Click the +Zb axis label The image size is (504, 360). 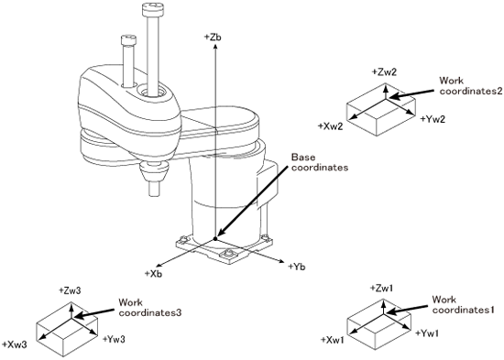[x=213, y=37]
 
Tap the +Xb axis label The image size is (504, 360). [x=153, y=274]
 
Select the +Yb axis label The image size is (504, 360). [x=296, y=267]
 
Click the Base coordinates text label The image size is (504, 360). [x=320, y=162]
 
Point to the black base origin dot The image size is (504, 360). [x=215, y=238]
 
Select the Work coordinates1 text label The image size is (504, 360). [x=463, y=305]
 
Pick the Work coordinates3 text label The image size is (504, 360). [x=149, y=308]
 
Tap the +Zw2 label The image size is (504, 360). [x=384, y=72]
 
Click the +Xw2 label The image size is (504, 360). [x=331, y=126]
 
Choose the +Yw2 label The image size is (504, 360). [x=433, y=119]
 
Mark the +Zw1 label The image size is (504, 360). [x=381, y=288]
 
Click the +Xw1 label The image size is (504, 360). [x=333, y=340]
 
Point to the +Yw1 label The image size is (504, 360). [x=427, y=333]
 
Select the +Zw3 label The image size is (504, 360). [x=70, y=290]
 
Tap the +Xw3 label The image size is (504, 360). [x=14, y=344]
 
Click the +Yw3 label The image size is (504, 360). [x=114, y=339]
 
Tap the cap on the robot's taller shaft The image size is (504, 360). [x=152, y=9]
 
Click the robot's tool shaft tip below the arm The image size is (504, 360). [x=155, y=189]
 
